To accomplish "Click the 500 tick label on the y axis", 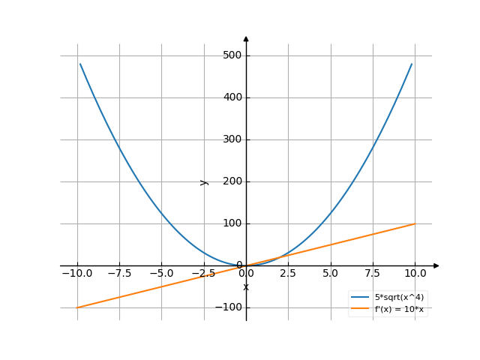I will (x=231, y=55).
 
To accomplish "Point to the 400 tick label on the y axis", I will (x=231, y=97).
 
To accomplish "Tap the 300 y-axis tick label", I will (x=231, y=139).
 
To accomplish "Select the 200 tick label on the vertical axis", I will (x=231, y=181).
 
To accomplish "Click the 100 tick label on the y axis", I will (x=231, y=223).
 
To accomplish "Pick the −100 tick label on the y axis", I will (x=228, y=307).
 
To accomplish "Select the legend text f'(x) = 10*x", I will (x=399, y=309).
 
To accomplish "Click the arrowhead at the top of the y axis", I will (x=246, y=37).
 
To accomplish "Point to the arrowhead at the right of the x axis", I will (x=436, y=265).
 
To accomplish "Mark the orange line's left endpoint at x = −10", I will (x=77, y=307).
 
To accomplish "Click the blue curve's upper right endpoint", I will (x=412, y=64).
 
